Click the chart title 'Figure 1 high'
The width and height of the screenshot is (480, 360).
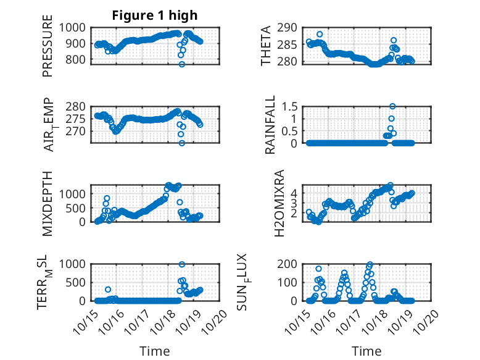pos(154,15)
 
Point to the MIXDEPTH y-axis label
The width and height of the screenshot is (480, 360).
pos(48,204)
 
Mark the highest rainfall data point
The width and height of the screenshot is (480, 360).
pos(392,106)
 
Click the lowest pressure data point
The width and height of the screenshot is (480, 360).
pos(182,64)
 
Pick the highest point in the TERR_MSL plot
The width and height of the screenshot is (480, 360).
pos(182,264)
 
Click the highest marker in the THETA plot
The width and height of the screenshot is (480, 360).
pos(320,35)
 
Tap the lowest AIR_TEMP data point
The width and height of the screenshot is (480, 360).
pos(182,143)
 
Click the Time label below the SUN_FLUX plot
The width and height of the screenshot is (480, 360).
pos(366,351)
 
